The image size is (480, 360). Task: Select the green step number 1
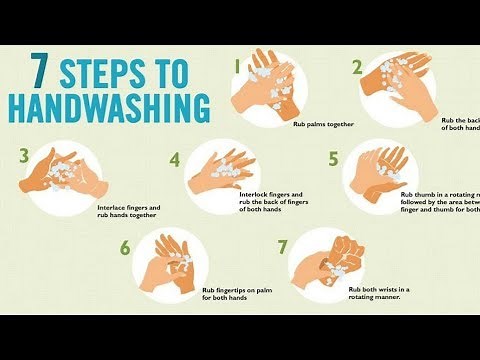[238, 66]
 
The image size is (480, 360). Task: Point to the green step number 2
[357, 68]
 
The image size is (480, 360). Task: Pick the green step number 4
[175, 159]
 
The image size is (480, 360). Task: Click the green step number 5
[334, 157]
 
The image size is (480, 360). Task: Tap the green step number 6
[125, 246]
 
